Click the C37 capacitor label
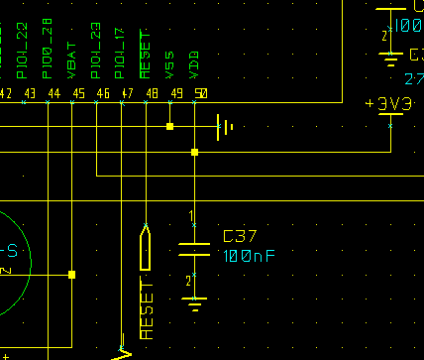[240, 237]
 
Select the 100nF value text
[249, 256]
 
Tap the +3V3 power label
[389, 104]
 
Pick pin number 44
[53, 93]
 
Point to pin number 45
[78, 93]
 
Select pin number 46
[103, 93]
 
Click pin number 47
[128, 93]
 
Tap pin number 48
[152, 93]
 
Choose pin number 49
[176, 93]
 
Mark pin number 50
[201, 93]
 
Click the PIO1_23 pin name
[96, 52]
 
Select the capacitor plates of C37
[194, 248]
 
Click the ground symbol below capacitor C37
[194, 299]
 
